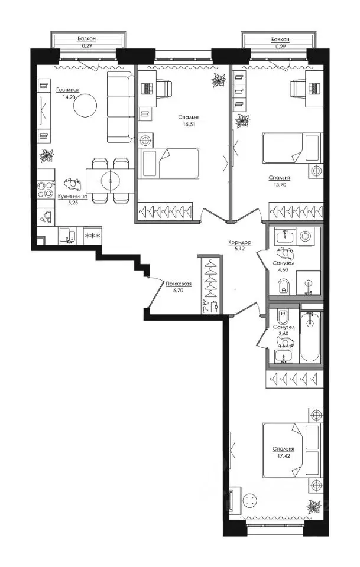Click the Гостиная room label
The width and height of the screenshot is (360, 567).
coord(67,90)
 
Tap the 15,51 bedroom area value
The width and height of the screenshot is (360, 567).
coord(189,123)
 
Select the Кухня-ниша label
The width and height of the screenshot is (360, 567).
coord(73,197)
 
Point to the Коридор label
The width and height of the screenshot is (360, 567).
coord(239,242)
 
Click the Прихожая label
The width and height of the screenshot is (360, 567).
coord(179,284)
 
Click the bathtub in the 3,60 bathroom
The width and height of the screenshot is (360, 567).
coord(310,337)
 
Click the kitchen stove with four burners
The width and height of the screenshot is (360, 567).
coord(46,190)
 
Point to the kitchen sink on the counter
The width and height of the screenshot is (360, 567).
coord(67,235)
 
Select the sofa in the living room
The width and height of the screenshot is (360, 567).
coord(120,107)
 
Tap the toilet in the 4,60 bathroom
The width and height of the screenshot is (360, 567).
coord(283,287)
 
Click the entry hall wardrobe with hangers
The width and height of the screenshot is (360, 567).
coord(210,285)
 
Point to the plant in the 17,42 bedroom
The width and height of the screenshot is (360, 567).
coord(314,506)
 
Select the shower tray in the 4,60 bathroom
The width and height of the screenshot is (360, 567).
coord(308,282)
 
